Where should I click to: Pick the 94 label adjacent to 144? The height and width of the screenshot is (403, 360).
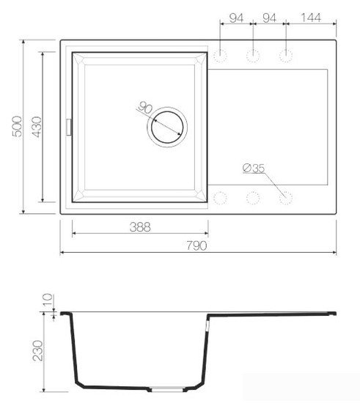pyautogui.click(x=268, y=18)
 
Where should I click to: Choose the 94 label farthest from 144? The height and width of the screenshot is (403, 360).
pyautogui.click(x=235, y=18)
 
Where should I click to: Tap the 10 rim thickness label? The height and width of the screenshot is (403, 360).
pyautogui.click(x=47, y=299)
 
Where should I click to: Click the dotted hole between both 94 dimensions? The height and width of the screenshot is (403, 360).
pyautogui.click(x=253, y=55)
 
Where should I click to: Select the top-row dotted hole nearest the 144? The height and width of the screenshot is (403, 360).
pyautogui.click(x=286, y=55)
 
